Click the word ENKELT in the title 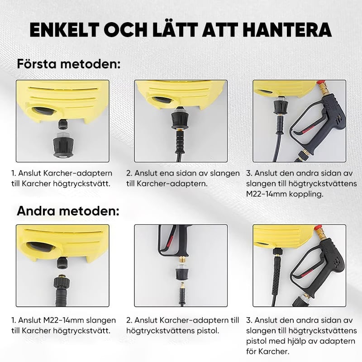[64, 30]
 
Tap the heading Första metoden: [69, 64]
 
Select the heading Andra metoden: [68, 210]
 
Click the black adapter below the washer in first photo [63, 146]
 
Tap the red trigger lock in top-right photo [307, 129]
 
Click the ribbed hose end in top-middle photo [179, 141]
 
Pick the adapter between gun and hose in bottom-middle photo [182, 271]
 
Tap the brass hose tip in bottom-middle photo [182, 285]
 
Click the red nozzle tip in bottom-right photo [319, 228]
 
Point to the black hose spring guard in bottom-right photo [277, 271]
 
